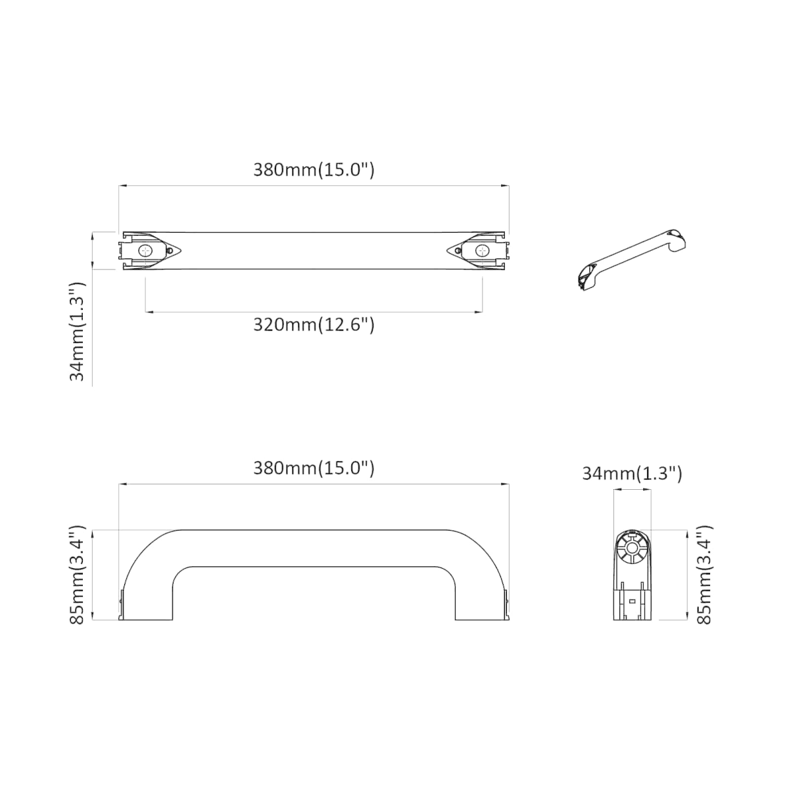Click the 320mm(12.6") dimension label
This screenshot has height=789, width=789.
pyautogui.click(x=314, y=325)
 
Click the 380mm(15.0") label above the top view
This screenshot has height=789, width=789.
pyautogui.click(x=314, y=170)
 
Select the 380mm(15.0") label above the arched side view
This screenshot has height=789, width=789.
pyautogui.click(x=314, y=468)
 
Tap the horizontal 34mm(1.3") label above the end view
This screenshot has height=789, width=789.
pyautogui.click(x=632, y=473)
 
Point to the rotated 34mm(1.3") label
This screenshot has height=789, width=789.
pyautogui.click(x=77, y=331)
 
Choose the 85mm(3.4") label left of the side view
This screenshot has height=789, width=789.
pyautogui.click(x=77, y=575)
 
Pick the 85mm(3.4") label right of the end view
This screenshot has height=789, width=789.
pyautogui.click(x=704, y=575)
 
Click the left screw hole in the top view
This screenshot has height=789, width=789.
pyautogui.click(x=145, y=251)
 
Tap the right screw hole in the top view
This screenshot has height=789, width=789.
pyautogui.click(x=483, y=251)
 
